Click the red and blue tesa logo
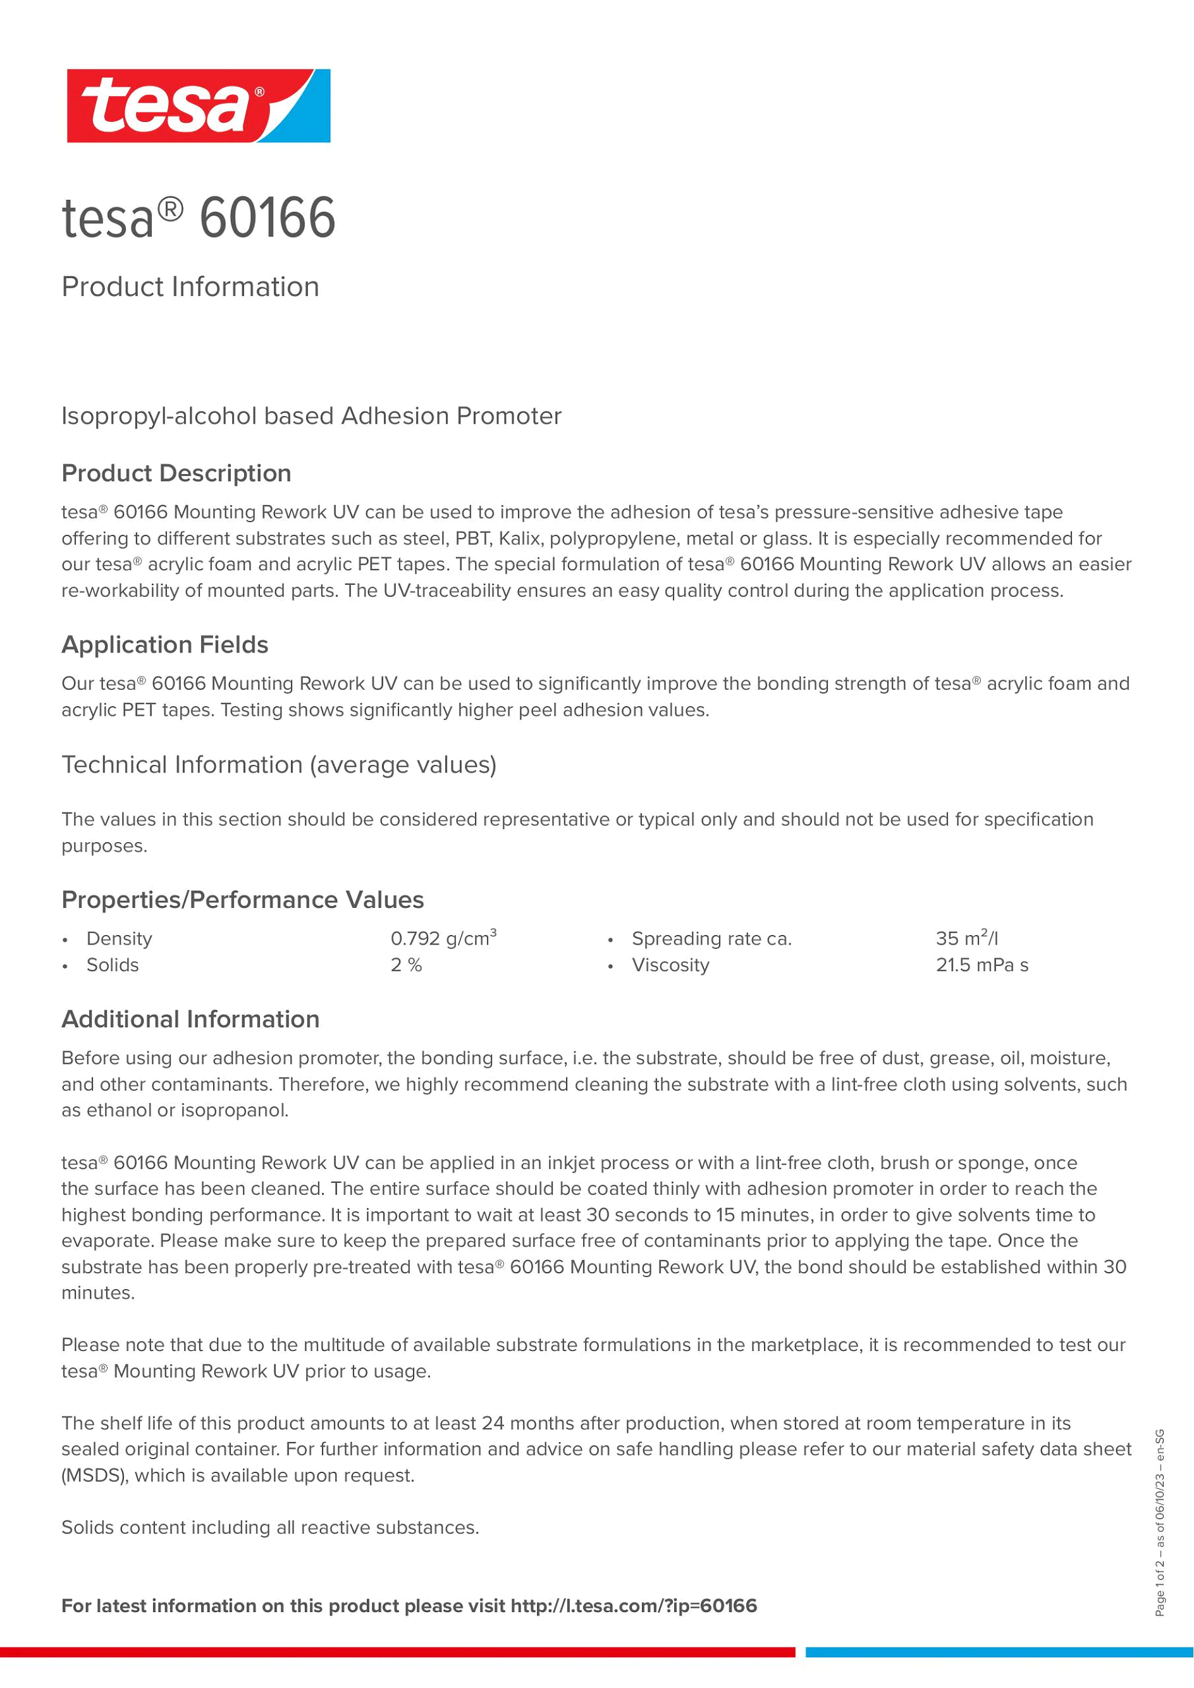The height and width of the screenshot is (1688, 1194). pos(199,106)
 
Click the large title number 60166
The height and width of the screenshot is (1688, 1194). pos(267,218)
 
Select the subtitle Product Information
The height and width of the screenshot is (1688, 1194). pos(190,287)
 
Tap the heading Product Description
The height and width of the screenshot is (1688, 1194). pos(176,474)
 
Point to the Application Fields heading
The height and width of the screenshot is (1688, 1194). pos(164,645)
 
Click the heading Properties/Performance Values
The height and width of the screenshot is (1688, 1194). pos(243,900)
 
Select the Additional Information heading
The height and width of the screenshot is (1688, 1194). pos(190,1019)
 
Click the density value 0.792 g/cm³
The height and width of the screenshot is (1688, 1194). pos(443,939)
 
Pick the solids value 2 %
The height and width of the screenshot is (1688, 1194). pos(406,965)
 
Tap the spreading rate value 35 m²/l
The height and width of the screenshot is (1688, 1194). pos(967,939)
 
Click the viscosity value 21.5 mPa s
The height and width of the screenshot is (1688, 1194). pos(982,965)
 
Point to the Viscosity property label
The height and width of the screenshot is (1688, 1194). pos(670,965)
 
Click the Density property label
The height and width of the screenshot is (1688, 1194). pos(119,939)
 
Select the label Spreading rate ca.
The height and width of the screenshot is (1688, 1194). pos(711,939)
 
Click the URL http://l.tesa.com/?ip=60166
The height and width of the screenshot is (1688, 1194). pos(634,1606)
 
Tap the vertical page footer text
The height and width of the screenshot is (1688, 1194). pos(1160,1522)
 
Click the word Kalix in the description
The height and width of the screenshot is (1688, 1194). pos(520,539)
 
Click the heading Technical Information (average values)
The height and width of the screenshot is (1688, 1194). pos(279,764)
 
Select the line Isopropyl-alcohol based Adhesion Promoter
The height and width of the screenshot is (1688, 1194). pos(311,416)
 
